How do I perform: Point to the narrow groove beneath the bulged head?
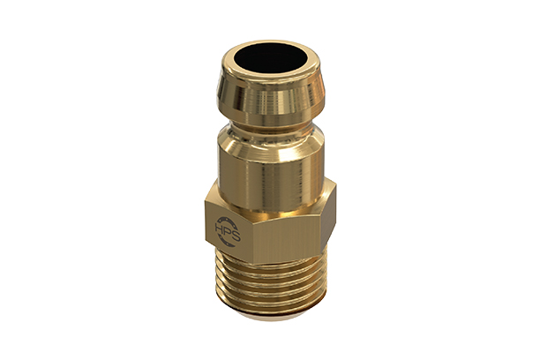click(x=269, y=125)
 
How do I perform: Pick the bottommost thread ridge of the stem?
click(x=272, y=302)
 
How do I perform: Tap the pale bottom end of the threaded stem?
click(x=272, y=311)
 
